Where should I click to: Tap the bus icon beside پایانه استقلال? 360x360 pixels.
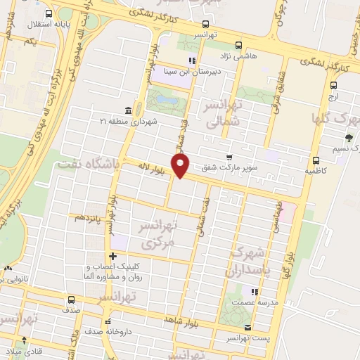click(x=48, y=13)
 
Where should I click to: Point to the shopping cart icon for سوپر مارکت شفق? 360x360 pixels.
click(x=229, y=157)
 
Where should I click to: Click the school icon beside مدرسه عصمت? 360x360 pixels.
click(x=255, y=291)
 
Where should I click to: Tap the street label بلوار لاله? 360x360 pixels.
click(x=149, y=169)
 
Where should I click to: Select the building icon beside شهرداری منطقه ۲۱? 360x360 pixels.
click(x=127, y=111)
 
